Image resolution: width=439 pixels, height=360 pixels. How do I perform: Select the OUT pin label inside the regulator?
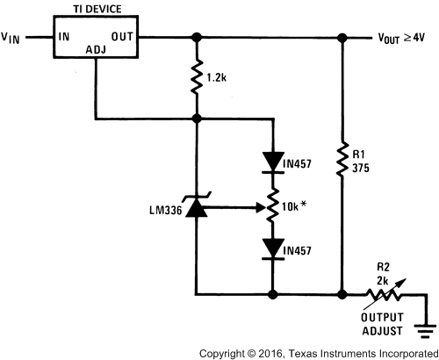click(x=122, y=38)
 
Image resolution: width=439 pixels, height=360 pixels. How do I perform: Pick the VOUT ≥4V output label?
click(x=401, y=39)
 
